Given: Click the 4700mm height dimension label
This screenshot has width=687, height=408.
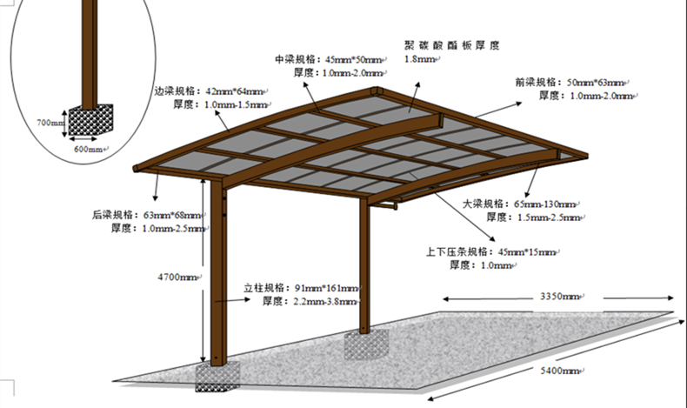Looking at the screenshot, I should point(177,277).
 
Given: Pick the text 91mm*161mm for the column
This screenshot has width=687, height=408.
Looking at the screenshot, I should point(326,288).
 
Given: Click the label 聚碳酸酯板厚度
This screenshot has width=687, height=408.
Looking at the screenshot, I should point(452,44).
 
